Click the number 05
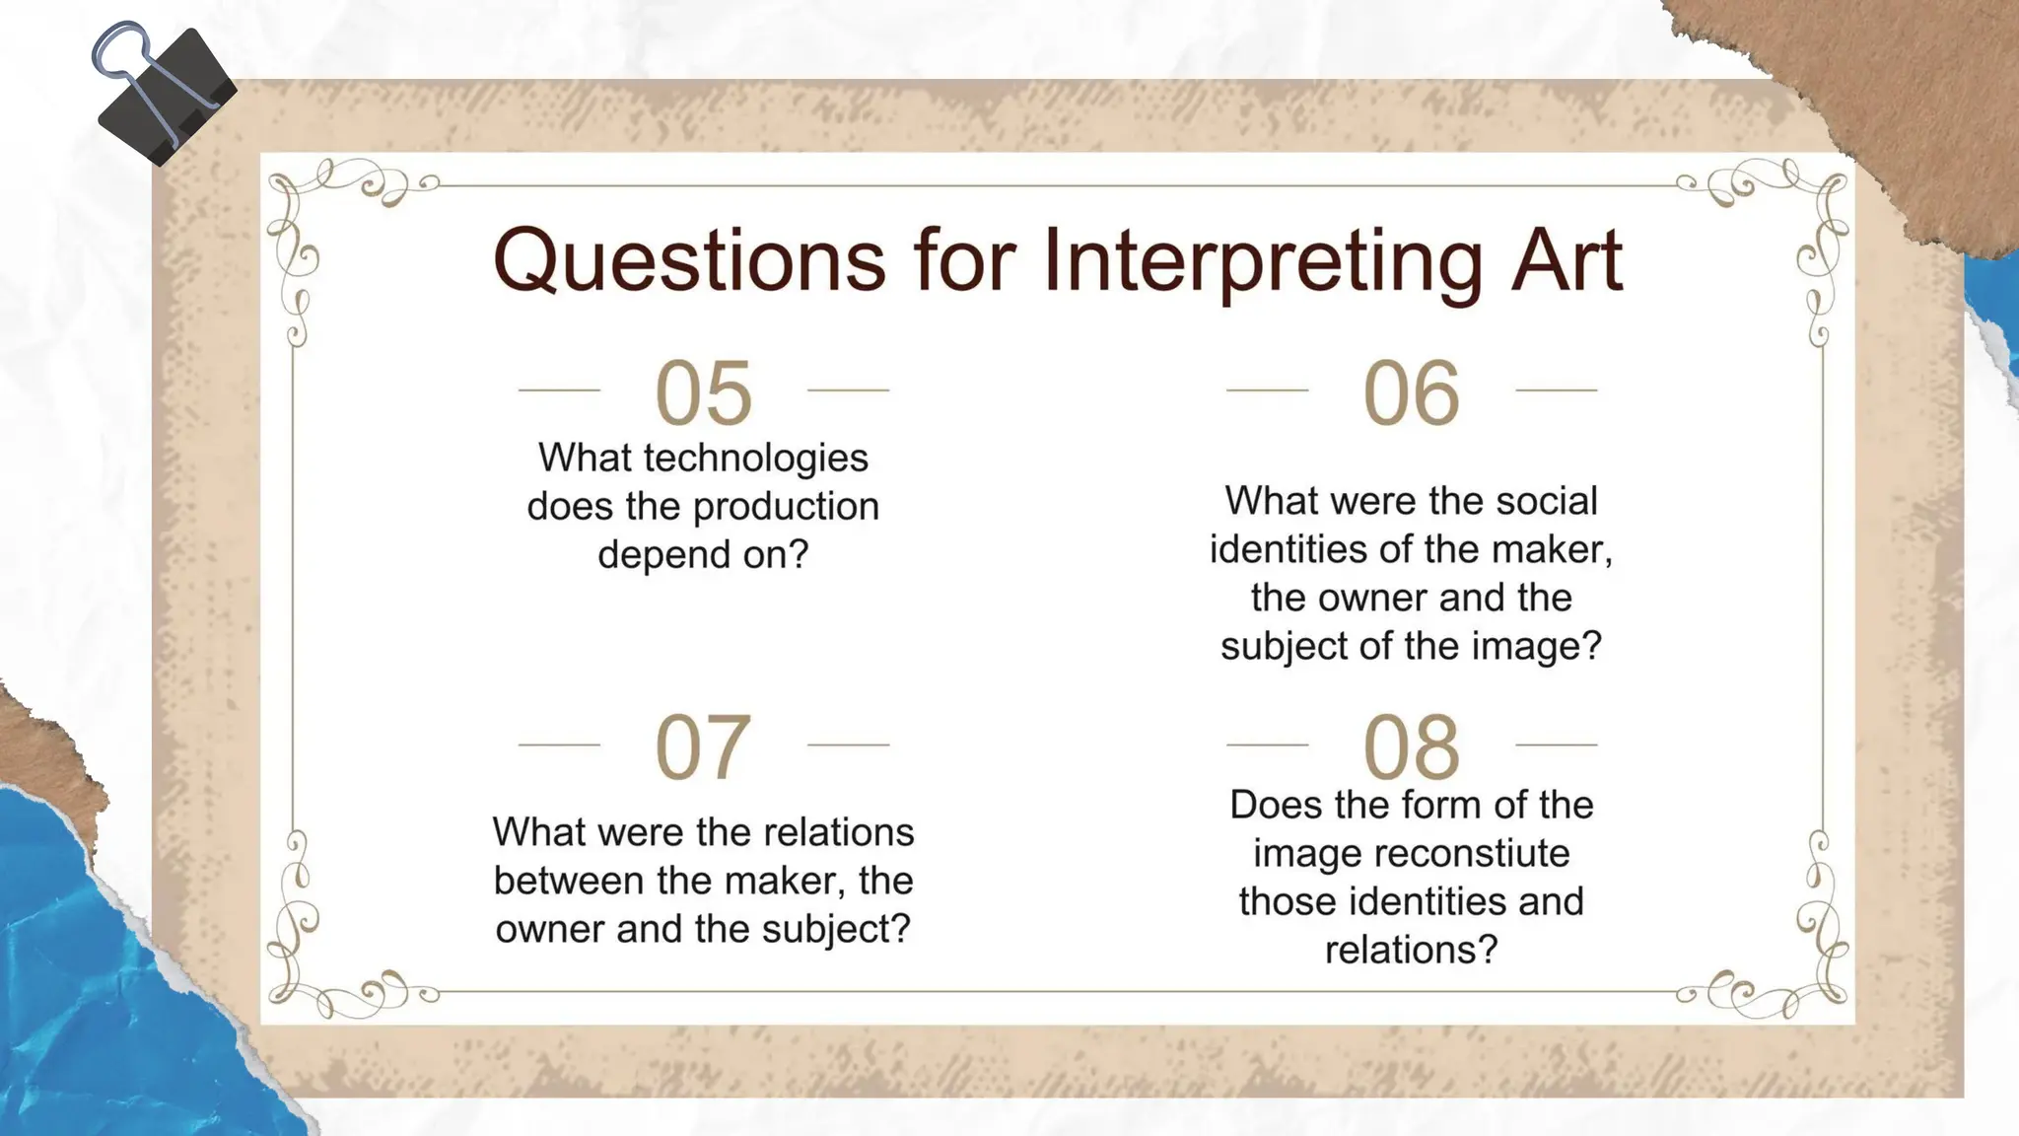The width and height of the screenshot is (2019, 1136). pos(703,392)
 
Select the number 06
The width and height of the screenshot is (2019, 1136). pos(1411,392)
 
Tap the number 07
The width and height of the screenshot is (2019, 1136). pos(703,746)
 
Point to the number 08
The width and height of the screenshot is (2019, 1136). pos(1411,746)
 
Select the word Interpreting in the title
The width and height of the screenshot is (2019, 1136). pos(1262,260)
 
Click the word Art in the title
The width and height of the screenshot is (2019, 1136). pos(1566,260)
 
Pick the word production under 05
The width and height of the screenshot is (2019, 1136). pos(786,506)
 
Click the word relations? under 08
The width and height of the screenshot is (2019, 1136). pos(1411,950)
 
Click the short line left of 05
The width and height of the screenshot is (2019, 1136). pos(559,390)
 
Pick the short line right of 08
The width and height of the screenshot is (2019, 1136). pos(1556,745)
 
